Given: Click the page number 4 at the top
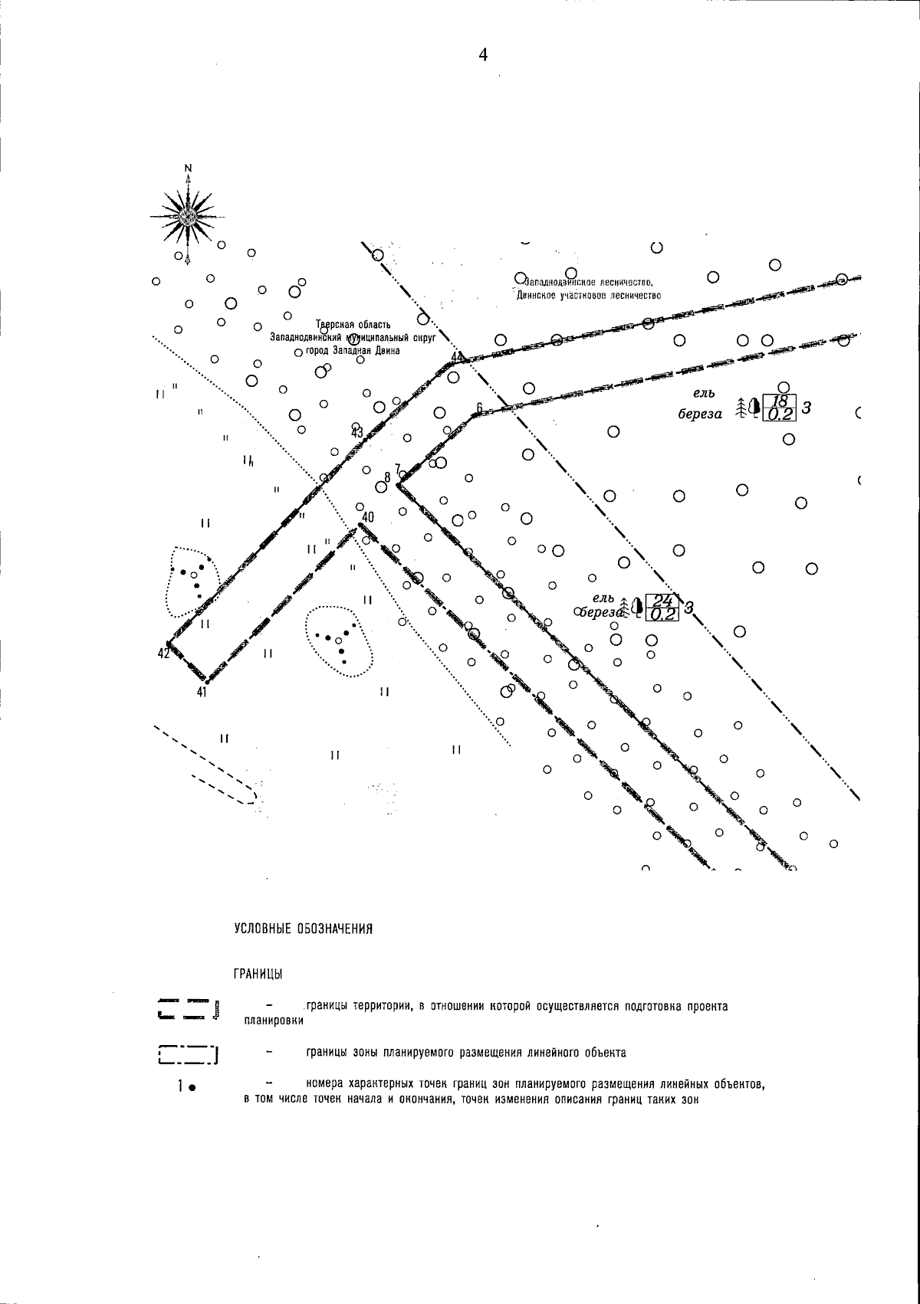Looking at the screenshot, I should (483, 54).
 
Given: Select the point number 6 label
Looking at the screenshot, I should (478, 407).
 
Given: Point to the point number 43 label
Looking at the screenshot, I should (357, 432).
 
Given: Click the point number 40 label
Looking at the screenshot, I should (367, 517).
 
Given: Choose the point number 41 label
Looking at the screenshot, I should (202, 692).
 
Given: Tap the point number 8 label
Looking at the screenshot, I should (387, 477).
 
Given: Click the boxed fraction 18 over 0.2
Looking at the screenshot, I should (780, 408).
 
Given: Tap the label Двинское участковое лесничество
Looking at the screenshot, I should (589, 295).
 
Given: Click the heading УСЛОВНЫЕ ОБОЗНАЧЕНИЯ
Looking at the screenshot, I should (303, 929).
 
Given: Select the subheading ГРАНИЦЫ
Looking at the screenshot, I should (258, 975).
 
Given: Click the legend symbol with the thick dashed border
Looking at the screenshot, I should (189, 1009).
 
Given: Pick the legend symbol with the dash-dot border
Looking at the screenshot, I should (188, 1055).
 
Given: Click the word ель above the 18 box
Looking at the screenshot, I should (704, 394).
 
